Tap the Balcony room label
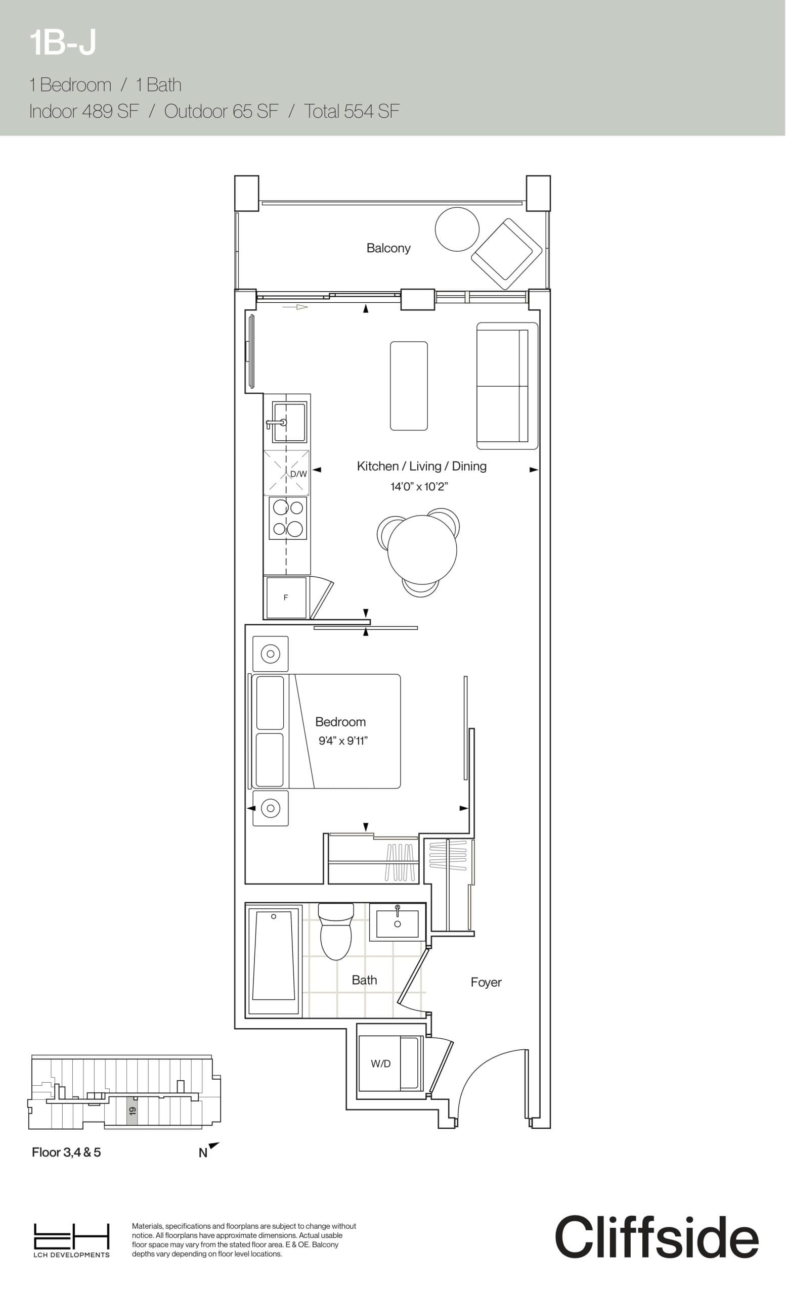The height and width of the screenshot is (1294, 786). click(388, 248)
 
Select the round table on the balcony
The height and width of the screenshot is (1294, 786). click(457, 229)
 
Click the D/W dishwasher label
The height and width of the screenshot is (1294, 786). click(298, 474)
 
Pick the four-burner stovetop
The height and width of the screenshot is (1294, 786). click(287, 518)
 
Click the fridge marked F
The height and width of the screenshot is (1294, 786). click(286, 597)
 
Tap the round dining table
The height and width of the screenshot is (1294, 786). click(421, 550)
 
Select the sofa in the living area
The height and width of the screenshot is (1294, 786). click(506, 386)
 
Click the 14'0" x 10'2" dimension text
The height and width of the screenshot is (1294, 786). click(419, 487)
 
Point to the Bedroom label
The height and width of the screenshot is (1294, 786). click(340, 722)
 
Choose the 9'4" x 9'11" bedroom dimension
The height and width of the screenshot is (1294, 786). click(342, 741)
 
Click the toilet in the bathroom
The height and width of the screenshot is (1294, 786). click(335, 933)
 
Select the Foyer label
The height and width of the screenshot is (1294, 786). click(486, 982)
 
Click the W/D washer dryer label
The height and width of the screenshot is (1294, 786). click(380, 1064)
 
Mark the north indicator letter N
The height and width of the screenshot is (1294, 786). click(203, 1154)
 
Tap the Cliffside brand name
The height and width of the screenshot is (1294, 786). click(656, 1237)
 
